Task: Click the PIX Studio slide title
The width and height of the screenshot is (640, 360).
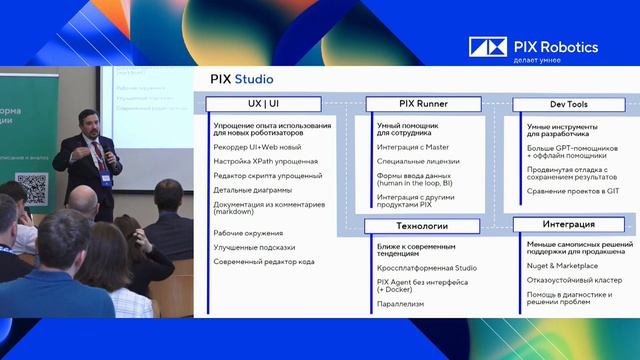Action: click(241, 79)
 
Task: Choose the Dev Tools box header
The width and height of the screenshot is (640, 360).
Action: click(567, 104)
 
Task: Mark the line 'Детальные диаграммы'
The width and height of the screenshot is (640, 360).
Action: click(252, 189)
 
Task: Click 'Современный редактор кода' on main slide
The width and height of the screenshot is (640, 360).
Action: click(264, 261)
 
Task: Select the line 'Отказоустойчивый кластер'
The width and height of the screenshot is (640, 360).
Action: click(574, 280)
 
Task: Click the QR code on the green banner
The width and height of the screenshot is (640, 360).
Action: click(32, 186)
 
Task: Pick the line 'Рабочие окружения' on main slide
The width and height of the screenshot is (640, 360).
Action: click(248, 233)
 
